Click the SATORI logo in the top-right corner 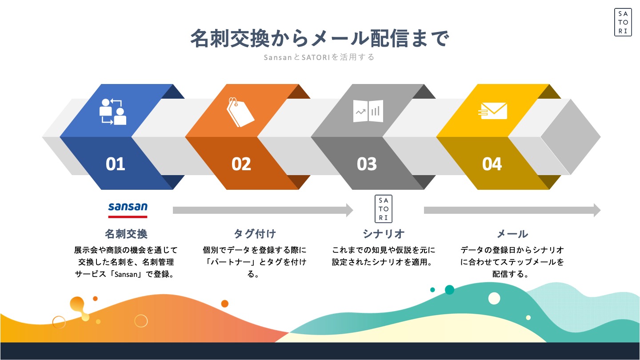pos(623,22)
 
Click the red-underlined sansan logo pos(128,210)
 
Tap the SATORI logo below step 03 pos(384,209)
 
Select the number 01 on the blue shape pos(116,164)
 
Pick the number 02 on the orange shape pos(241,164)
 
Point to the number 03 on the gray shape pos(367,164)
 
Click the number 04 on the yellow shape pos(492,164)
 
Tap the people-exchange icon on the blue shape pos(113,112)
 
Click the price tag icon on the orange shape pos(240,112)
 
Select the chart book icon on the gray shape pos(368,111)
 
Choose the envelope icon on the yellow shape pos(492,111)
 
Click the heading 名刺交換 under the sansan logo pos(126,234)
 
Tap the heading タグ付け pos(255,234)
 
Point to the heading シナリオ pos(384,234)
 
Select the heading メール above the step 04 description pos(512,234)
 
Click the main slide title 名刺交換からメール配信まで pos(320,38)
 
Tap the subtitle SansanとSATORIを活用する pos(319,57)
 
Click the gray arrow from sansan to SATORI pos(263,210)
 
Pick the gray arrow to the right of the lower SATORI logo pos(512,210)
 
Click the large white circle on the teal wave pos(494,299)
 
